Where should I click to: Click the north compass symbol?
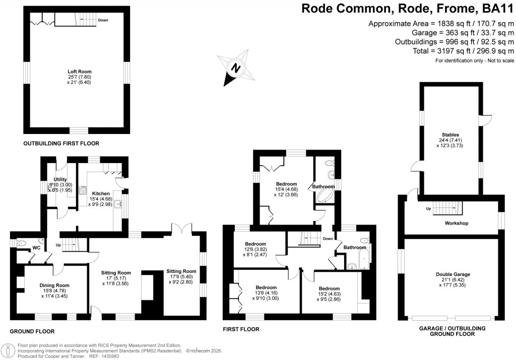pyautogui.click(x=234, y=66)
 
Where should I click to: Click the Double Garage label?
pyautogui.click(x=453, y=274)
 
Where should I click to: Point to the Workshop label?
pyautogui.click(x=457, y=223)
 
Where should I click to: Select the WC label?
pyautogui.click(x=36, y=248)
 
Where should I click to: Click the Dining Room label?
pyautogui.click(x=54, y=285)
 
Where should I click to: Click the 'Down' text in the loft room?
pyautogui.click(x=103, y=20)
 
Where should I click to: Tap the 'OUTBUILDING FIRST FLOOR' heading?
pyautogui.click(x=61, y=143)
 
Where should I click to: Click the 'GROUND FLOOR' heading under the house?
pyautogui.click(x=32, y=331)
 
